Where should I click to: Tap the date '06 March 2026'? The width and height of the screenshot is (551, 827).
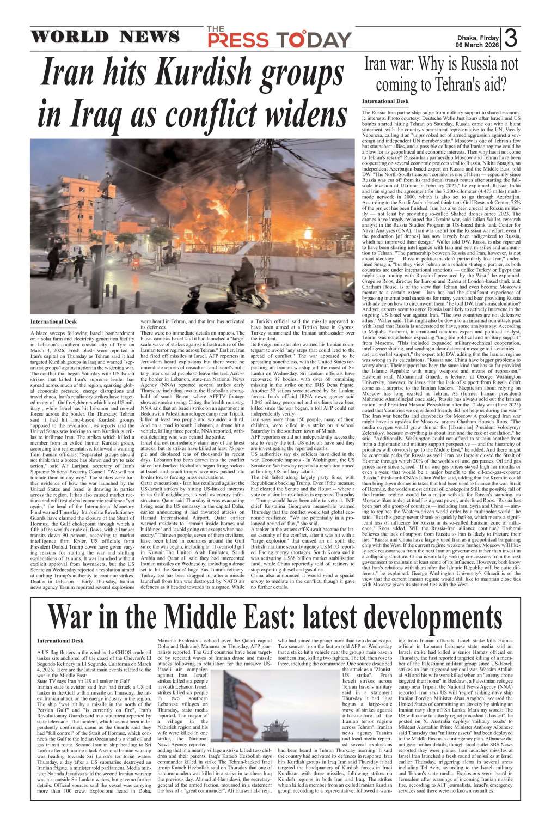[477, 46]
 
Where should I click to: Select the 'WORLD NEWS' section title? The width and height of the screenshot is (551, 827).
[105, 37]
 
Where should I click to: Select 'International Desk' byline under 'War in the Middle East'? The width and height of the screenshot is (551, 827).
[60, 641]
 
